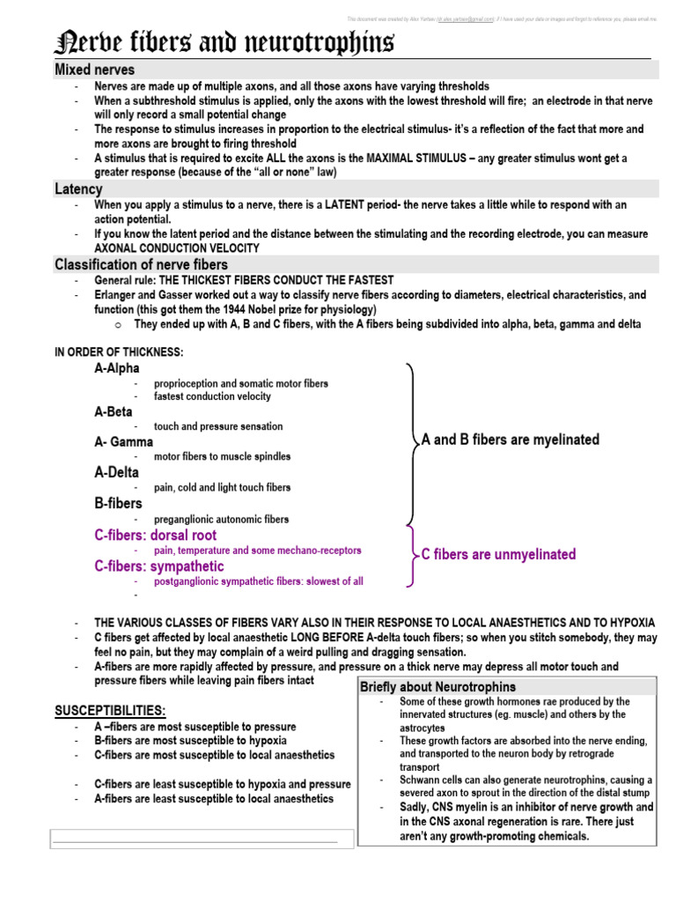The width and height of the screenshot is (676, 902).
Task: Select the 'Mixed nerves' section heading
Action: point(94,70)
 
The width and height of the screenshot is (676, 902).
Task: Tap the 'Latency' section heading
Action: point(78,189)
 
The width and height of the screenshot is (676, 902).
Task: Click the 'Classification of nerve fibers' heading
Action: point(141,264)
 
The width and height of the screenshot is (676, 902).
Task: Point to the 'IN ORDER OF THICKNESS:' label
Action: point(119,352)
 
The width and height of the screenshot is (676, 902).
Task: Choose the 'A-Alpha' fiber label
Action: point(117,368)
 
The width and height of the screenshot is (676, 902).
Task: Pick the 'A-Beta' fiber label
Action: point(114,411)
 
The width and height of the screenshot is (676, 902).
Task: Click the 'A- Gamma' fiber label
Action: point(123,441)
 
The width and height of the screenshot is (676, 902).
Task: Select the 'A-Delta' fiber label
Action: point(116,472)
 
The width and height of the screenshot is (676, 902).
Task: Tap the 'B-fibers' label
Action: point(118,504)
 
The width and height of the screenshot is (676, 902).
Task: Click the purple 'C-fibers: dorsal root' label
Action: point(155,536)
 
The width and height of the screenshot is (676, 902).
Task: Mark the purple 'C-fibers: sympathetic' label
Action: point(159,566)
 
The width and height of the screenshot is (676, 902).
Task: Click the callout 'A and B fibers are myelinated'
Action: point(511,440)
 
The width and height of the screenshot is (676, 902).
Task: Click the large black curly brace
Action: point(412,440)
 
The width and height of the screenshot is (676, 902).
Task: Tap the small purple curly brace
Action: point(411,556)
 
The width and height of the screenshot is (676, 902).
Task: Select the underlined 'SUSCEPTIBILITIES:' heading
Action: point(110,710)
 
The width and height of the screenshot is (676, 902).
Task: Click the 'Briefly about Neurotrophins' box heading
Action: point(438,687)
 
